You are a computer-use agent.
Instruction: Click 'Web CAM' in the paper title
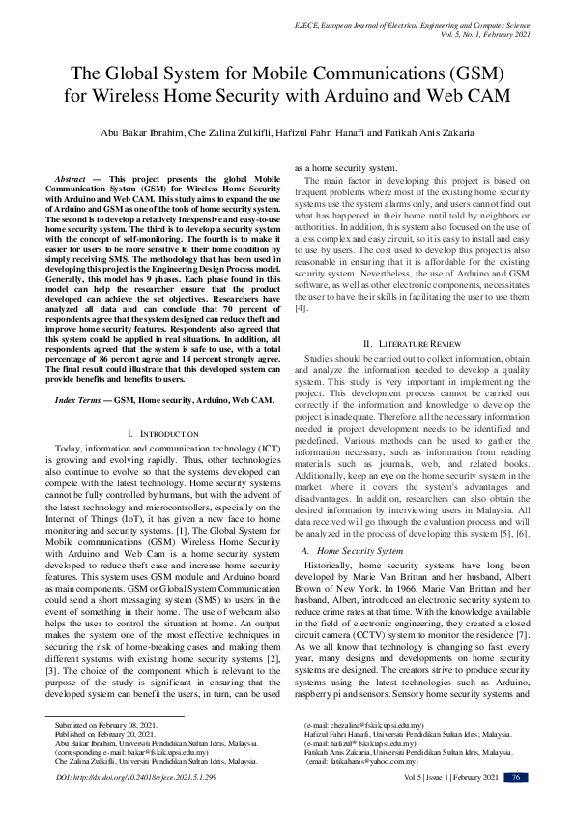click(x=467, y=96)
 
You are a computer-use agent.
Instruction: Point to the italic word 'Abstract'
click(x=70, y=180)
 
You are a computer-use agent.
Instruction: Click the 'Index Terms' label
click(x=78, y=399)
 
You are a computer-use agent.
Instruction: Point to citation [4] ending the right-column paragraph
click(x=302, y=307)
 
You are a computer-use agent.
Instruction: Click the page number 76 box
click(x=516, y=778)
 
